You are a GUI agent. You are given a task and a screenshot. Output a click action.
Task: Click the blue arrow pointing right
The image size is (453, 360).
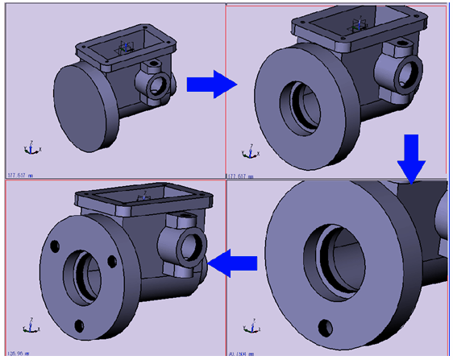point(211,84)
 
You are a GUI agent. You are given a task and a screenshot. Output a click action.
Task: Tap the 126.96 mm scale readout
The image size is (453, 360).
point(18,352)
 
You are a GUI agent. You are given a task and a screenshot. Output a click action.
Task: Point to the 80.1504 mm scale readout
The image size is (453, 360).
point(241,352)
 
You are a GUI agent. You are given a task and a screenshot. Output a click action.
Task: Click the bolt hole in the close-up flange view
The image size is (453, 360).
point(326,327)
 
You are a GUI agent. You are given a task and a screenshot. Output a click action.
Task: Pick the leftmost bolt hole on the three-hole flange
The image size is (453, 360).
point(56,247)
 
